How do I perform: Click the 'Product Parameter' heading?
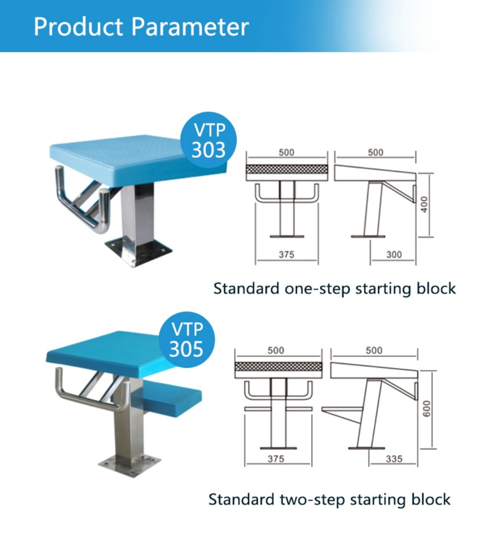tap(141, 27)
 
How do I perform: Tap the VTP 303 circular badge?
tap(208, 140)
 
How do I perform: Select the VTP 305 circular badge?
tap(186, 339)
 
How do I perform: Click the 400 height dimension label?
tap(424, 205)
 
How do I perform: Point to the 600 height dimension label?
tap(426, 409)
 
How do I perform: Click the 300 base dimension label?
tap(394, 255)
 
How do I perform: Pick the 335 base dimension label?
tap(394, 459)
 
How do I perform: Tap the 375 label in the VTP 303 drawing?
tap(286, 255)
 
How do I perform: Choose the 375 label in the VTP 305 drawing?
tap(276, 459)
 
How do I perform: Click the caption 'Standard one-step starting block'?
tap(334, 289)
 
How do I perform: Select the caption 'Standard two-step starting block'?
tap(329, 500)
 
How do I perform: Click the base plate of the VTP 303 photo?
tap(139, 250)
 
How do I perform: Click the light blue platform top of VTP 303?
tap(139, 158)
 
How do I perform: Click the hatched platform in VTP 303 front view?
tap(286, 169)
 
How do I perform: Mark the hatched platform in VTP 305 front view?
tap(278, 367)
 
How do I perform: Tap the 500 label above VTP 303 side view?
tap(375, 153)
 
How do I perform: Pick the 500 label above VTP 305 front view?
tap(276, 350)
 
